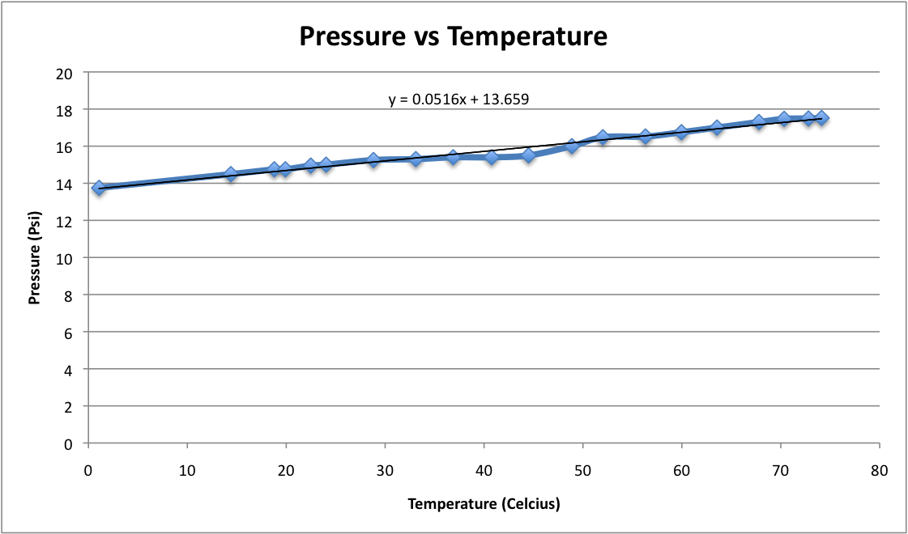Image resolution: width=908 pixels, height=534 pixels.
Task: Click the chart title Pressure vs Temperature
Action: (x=453, y=36)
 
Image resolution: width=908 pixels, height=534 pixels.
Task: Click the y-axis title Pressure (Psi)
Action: (x=35, y=258)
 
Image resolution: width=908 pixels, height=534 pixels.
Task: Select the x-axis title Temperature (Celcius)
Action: (x=484, y=504)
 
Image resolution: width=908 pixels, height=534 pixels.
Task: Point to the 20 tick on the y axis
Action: (x=65, y=73)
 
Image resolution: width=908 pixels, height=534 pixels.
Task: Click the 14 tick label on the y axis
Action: (x=65, y=184)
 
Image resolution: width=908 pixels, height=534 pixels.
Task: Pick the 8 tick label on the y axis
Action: (x=69, y=295)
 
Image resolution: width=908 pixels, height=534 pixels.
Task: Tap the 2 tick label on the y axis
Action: (x=69, y=406)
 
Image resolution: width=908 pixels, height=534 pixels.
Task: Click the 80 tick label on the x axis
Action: (x=879, y=470)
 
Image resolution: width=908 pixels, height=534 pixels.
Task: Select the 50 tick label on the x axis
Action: (x=582, y=470)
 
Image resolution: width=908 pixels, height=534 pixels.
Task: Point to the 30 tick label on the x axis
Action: (x=384, y=470)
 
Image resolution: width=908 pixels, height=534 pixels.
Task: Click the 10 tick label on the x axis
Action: (x=187, y=470)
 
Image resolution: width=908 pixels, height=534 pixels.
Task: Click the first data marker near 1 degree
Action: (x=99, y=188)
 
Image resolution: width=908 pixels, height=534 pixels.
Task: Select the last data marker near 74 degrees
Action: (x=821, y=118)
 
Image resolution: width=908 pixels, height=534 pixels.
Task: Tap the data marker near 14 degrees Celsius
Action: (x=231, y=174)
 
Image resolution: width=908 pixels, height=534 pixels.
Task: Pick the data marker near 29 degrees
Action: (x=373, y=160)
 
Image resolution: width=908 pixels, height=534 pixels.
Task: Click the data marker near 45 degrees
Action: (x=529, y=155)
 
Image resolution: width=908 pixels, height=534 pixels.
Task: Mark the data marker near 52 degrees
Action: (x=603, y=138)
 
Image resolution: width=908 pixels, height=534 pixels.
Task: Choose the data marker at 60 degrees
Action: (x=681, y=132)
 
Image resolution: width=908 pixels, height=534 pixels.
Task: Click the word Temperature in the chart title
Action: (x=526, y=36)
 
